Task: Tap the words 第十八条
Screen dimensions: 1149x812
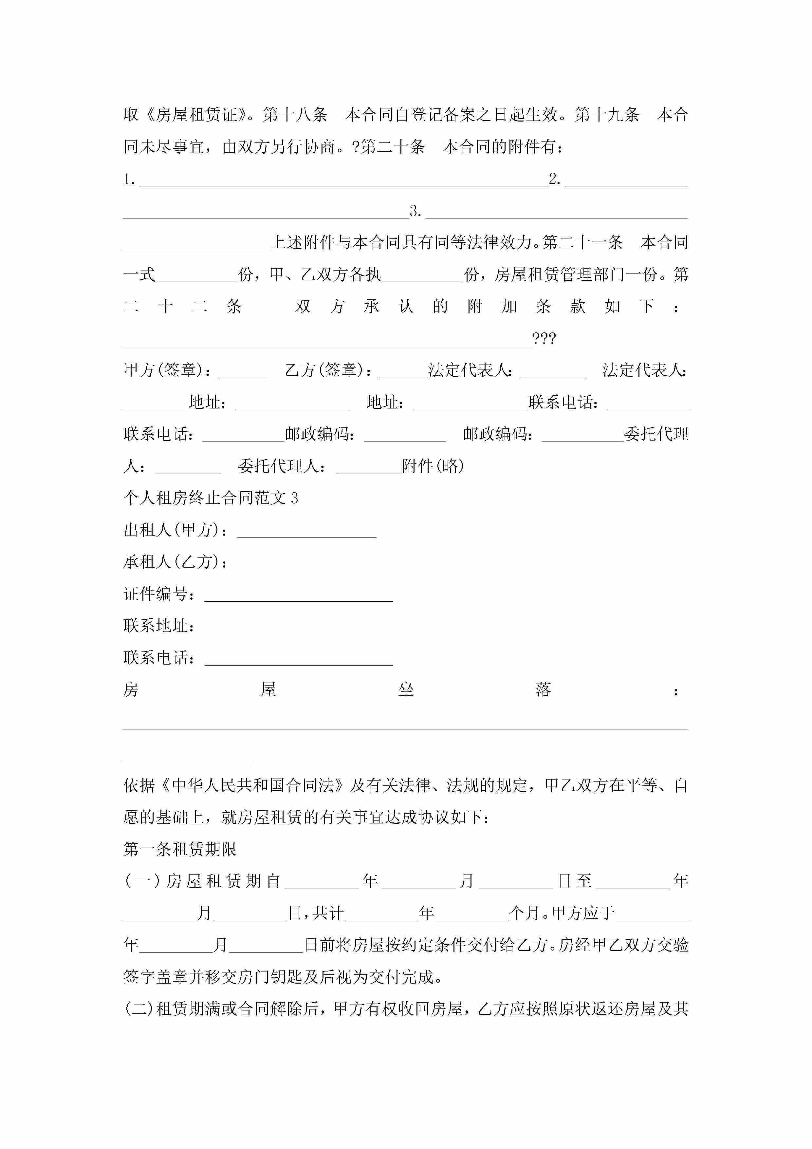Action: [295, 115]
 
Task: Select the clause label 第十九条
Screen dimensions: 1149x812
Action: [607, 115]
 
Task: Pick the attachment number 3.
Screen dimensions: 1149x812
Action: [415, 212]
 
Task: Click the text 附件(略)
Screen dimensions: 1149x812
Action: [433, 466]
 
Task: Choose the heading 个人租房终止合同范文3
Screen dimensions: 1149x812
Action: [211, 499]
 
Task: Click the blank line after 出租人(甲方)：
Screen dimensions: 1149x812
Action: [307, 532]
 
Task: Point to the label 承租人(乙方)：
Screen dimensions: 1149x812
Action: [175, 562]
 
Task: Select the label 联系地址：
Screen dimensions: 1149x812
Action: [159, 626]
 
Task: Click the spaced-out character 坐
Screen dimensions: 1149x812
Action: [406, 690]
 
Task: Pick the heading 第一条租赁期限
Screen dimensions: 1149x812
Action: [180, 850]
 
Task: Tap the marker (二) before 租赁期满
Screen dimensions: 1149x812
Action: [138, 1009]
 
